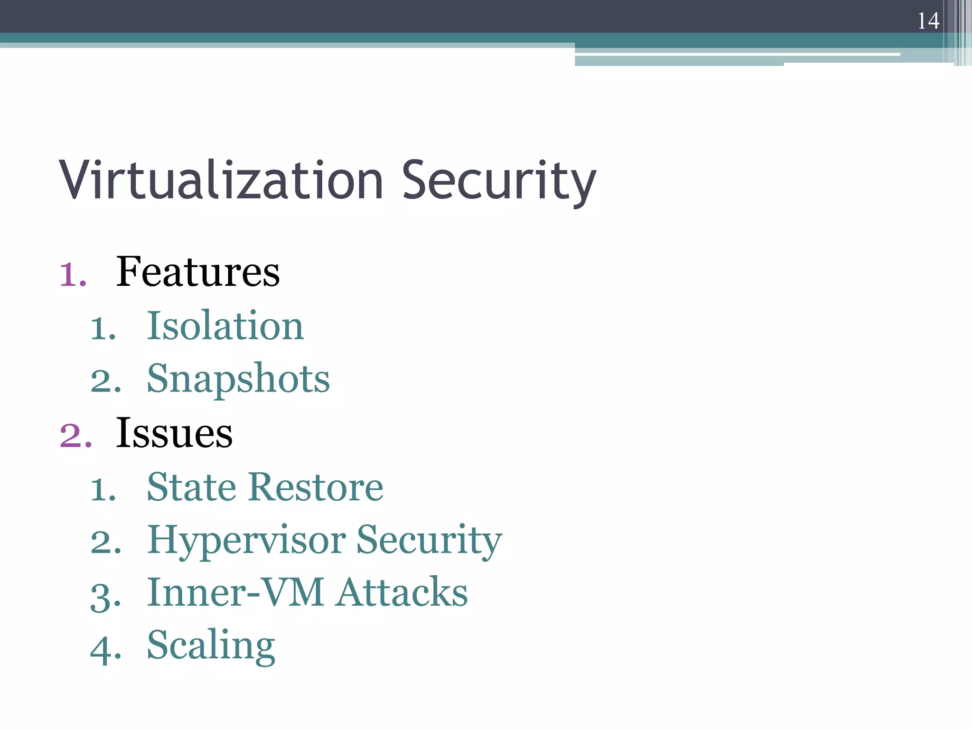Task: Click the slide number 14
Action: (928, 21)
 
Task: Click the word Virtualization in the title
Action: (221, 180)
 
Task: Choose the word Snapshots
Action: (238, 379)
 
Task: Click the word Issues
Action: (174, 433)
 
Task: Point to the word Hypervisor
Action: (246, 541)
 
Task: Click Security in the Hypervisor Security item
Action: (429, 541)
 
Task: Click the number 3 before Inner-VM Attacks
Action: (105, 596)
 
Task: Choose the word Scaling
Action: (211, 646)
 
